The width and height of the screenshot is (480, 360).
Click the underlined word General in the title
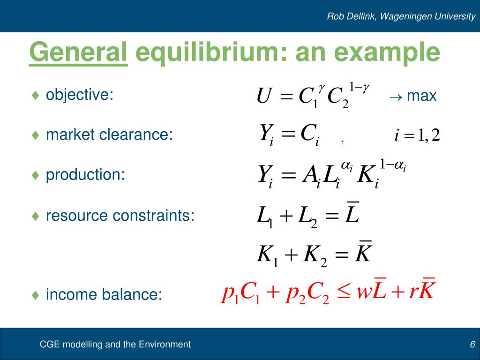pos(78,52)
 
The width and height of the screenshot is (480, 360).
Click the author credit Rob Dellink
pos(351,16)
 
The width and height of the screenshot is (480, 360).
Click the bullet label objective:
pos(80,95)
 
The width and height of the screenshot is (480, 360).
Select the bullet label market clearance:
pos(109,135)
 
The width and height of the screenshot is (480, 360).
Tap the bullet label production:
pos(85,175)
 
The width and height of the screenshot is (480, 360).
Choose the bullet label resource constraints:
pos(120,216)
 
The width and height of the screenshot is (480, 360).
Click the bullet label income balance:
pos(104,295)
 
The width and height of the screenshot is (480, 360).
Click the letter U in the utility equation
pos(263,97)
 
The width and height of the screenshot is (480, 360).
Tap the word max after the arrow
pos(422,96)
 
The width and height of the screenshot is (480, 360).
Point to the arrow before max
pos(395,97)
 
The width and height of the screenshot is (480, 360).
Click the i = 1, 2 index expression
pos(417,136)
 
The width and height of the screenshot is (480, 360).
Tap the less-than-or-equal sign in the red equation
pos(345,293)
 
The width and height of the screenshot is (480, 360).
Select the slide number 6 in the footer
pos(472,345)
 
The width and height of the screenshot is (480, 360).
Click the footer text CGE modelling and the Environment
pos(115,345)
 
